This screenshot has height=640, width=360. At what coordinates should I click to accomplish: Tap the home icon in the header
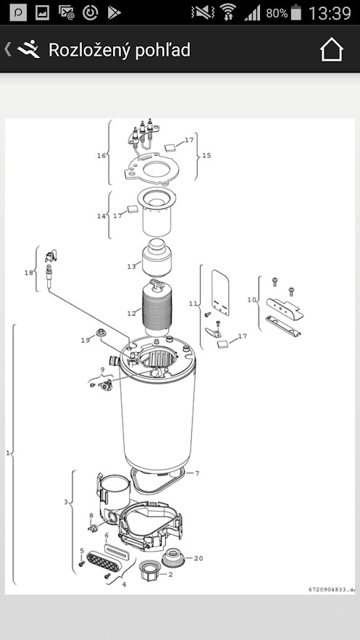click(x=332, y=49)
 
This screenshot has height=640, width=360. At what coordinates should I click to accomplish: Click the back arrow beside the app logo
click(x=7, y=49)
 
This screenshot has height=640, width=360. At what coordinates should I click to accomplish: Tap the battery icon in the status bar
click(x=296, y=12)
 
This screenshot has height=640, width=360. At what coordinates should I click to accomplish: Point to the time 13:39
click(x=330, y=12)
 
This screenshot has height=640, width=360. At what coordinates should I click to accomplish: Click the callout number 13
click(x=131, y=266)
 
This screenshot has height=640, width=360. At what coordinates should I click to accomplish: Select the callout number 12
click(x=131, y=313)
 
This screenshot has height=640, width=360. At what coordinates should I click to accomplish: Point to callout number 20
click(x=198, y=558)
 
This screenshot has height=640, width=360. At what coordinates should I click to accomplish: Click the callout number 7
click(x=197, y=473)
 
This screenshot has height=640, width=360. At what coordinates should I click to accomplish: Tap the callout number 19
click(x=85, y=340)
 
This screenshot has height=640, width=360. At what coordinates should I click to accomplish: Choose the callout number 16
click(x=101, y=156)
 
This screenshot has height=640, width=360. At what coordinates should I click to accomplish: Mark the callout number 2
click(x=170, y=574)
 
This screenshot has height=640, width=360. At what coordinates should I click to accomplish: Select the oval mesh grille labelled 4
click(x=103, y=561)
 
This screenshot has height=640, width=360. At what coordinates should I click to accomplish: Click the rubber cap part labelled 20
click(x=173, y=557)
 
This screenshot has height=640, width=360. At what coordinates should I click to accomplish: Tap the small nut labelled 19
click(x=99, y=332)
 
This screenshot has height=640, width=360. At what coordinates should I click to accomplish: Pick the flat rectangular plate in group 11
click(x=220, y=292)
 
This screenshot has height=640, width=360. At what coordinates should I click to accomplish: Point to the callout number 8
click(x=91, y=515)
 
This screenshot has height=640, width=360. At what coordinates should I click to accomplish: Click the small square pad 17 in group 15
click(x=170, y=147)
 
